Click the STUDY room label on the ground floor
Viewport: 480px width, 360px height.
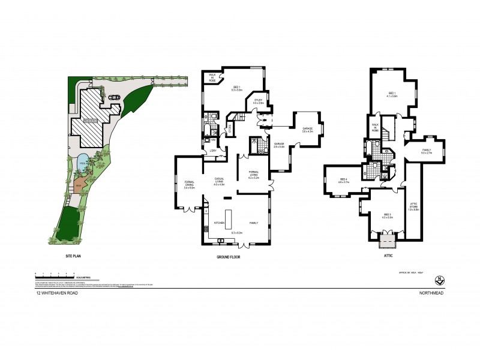259,101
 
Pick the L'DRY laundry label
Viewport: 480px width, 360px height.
212,151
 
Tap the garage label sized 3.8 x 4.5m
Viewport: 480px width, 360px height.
307,129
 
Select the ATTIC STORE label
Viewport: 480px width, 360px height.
413,206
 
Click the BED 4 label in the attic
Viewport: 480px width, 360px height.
343,180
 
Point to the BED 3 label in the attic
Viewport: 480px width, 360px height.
387,215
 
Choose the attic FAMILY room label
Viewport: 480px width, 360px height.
427,151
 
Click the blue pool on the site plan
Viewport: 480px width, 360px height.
83,161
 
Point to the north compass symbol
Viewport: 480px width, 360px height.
440,280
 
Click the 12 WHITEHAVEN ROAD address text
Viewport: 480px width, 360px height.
56,293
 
